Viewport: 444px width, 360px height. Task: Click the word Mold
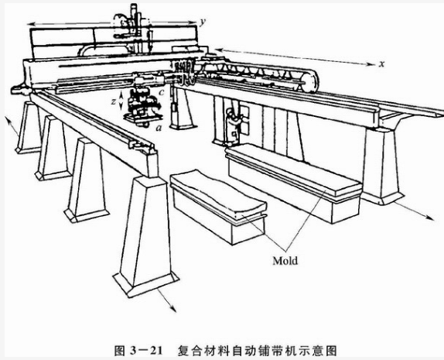pyautogui.click(x=285, y=260)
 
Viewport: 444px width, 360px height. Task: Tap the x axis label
pyautogui.click(x=382, y=64)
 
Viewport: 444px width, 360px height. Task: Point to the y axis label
pyautogui.click(x=202, y=22)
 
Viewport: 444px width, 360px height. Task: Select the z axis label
pyautogui.click(x=114, y=101)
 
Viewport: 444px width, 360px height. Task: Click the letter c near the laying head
pyautogui.click(x=162, y=92)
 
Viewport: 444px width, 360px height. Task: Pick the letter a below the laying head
pyautogui.click(x=159, y=129)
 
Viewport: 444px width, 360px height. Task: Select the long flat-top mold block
pyautogui.click(x=294, y=182)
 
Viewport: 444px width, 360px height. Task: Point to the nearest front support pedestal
pyautogui.click(x=146, y=235)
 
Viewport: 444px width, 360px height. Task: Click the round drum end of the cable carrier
pyautogui.click(x=309, y=82)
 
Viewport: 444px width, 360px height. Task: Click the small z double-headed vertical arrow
pyautogui.click(x=121, y=100)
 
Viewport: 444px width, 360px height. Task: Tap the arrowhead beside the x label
pyautogui.click(x=371, y=64)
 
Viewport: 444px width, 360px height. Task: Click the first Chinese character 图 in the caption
pyautogui.click(x=119, y=351)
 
